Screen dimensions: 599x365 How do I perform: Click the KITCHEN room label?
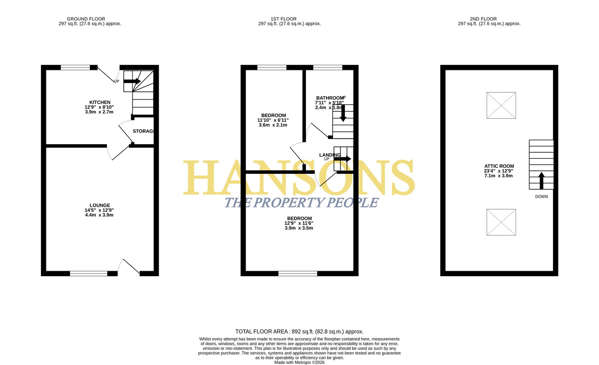click(100, 102)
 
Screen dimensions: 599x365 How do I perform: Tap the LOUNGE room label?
click(100, 205)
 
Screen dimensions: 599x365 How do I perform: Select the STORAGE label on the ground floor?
click(144, 131)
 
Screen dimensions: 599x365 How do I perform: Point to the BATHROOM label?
click(330, 98)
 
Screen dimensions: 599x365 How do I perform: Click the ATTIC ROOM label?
click(499, 166)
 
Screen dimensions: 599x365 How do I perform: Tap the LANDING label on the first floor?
click(330, 155)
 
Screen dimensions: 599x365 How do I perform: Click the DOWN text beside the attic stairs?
click(541, 197)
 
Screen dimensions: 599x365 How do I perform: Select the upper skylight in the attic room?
click(501, 105)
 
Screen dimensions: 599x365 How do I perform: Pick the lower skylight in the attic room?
click(501, 222)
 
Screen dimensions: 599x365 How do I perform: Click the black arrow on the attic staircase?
click(541, 181)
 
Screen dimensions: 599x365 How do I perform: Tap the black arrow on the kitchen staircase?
click(132, 81)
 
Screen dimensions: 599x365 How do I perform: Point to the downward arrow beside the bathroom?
click(343, 113)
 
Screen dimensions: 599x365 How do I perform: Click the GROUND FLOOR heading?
click(86, 19)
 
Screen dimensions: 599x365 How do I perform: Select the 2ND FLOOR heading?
click(483, 19)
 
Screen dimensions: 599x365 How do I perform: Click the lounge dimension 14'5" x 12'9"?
click(99, 210)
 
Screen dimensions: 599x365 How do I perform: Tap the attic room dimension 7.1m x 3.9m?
click(499, 176)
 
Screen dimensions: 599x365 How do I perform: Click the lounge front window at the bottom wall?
click(88, 273)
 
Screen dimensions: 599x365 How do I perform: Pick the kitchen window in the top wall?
click(75, 67)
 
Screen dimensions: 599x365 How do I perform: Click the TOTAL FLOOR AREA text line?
click(299, 332)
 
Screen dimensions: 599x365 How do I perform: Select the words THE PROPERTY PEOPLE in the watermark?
click(301, 202)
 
